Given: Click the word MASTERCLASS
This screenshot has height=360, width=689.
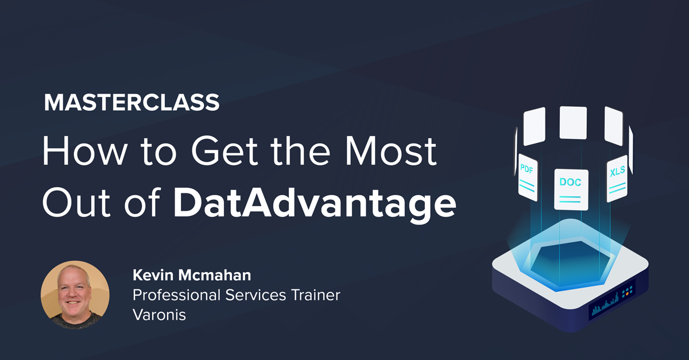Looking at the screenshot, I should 131,103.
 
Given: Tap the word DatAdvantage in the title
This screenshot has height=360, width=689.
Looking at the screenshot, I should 315,202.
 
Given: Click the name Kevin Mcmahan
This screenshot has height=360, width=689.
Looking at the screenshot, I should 192,276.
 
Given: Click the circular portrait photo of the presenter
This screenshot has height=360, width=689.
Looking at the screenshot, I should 75,295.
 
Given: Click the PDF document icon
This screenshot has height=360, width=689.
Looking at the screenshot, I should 527,176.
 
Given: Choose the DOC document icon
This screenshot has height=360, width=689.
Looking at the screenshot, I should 571,189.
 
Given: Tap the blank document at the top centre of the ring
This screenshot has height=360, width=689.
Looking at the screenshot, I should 572,122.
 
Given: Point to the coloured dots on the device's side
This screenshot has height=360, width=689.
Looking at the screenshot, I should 627,292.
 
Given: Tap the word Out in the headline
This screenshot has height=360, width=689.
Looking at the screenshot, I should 75,202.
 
